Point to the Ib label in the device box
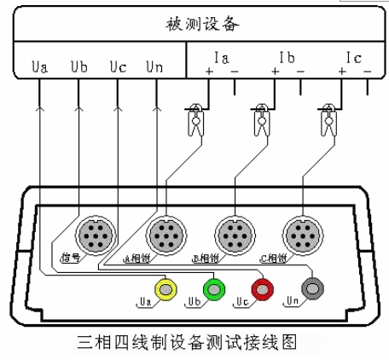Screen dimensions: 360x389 coord(287,59)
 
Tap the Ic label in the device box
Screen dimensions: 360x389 coord(352,59)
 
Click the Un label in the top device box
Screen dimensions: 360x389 coord(154,65)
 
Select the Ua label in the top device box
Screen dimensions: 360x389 coord(38,65)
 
